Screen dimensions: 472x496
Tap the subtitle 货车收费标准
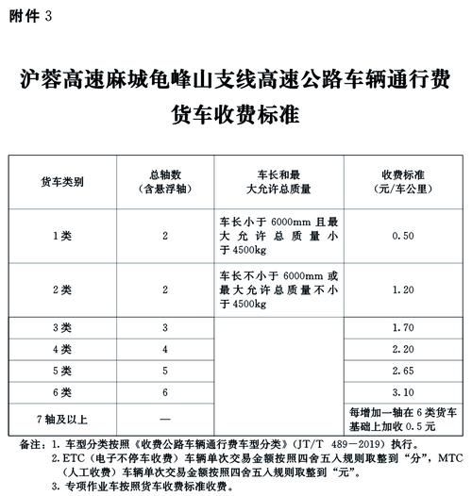click(234, 115)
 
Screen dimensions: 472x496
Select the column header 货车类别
click(61, 181)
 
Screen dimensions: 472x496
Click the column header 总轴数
click(164, 174)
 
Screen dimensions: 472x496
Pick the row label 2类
click(61, 289)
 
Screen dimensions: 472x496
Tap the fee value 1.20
click(402, 289)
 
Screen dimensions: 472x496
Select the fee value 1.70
click(402, 328)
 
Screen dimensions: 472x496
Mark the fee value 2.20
click(402, 350)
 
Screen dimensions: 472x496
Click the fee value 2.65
click(402, 372)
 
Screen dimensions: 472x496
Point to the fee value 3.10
click(402, 392)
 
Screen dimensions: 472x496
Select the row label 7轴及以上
click(61, 417)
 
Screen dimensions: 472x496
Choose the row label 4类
click(61, 350)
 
